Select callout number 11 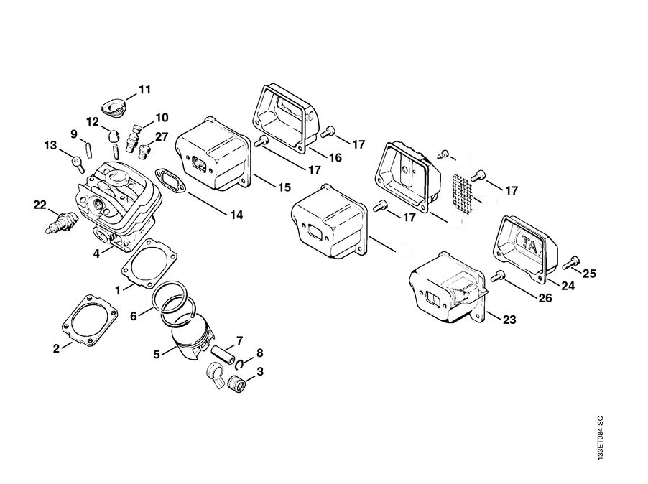point(145,90)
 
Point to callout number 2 point(56,349)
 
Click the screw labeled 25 point(573,263)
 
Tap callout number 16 point(316,157)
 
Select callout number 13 point(50,146)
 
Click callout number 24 point(568,285)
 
